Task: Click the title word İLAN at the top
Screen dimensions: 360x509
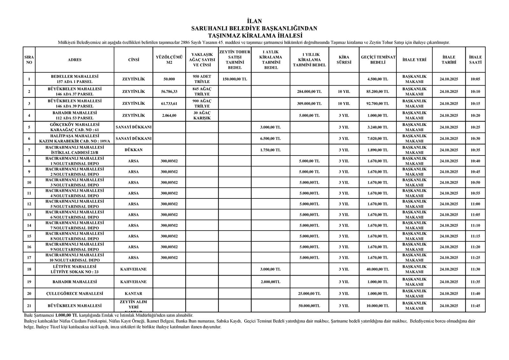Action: click(x=254, y=21)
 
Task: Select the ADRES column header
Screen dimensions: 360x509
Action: click(x=74, y=60)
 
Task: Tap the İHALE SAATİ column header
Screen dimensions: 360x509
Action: click(x=475, y=60)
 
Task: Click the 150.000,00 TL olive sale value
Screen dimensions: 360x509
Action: click(x=235, y=79)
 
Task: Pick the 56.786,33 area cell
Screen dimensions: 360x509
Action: click(x=169, y=92)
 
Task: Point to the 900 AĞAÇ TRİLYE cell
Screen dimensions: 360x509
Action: click(x=202, y=104)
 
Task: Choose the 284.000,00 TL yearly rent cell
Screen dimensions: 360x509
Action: click(x=309, y=92)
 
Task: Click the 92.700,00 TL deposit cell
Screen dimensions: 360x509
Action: click(x=378, y=104)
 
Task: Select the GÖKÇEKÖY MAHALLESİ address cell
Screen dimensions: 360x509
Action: click(x=74, y=127)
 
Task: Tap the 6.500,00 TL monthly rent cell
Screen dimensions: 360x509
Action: click(x=270, y=139)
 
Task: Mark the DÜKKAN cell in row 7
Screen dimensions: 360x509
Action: click(x=133, y=150)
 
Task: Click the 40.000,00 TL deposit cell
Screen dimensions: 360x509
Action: click(x=378, y=269)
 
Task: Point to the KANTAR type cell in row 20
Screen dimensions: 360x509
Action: click(x=133, y=294)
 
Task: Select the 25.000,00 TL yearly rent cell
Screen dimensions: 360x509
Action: click(x=309, y=294)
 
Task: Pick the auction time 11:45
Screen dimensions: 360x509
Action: click(x=475, y=306)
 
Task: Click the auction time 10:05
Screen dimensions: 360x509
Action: click(x=475, y=79)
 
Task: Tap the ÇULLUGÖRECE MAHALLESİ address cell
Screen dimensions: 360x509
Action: click(x=74, y=294)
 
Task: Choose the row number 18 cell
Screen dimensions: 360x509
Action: click(x=29, y=269)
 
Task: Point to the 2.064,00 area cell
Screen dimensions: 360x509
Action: click(x=169, y=115)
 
